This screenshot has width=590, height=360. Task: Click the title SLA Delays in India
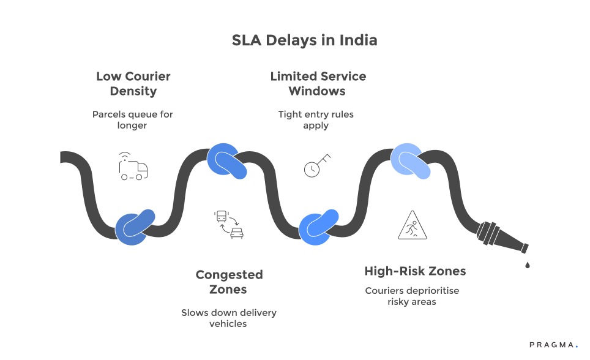pyautogui.click(x=304, y=41)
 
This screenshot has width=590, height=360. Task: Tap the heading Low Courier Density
pyautogui.click(x=133, y=84)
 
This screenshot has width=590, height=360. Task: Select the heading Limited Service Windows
pyautogui.click(x=318, y=84)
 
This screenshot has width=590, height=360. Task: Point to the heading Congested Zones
pyautogui.click(x=229, y=282)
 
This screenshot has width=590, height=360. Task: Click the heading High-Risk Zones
pyautogui.click(x=415, y=271)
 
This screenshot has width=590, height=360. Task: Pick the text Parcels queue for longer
pyautogui.click(x=133, y=119)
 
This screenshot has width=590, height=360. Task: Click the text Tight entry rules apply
pyautogui.click(x=316, y=119)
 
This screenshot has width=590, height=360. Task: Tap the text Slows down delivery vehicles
pyautogui.click(x=229, y=318)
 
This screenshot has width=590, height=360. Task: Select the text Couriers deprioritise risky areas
pyautogui.click(x=411, y=296)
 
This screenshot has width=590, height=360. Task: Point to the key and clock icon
pyautogui.click(x=316, y=165)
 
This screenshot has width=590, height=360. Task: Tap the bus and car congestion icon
pyautogui.click(x=228, y=224)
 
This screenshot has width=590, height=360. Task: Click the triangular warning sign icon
pyautogui.click(x=413, y=225)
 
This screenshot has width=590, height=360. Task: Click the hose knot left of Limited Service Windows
pyautogui.click(x=227, y=162)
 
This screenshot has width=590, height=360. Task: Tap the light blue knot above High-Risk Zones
pyautogui.click(x=411, y=161)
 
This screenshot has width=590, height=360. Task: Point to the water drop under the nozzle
pyautogui.click(x=526, y=264)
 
